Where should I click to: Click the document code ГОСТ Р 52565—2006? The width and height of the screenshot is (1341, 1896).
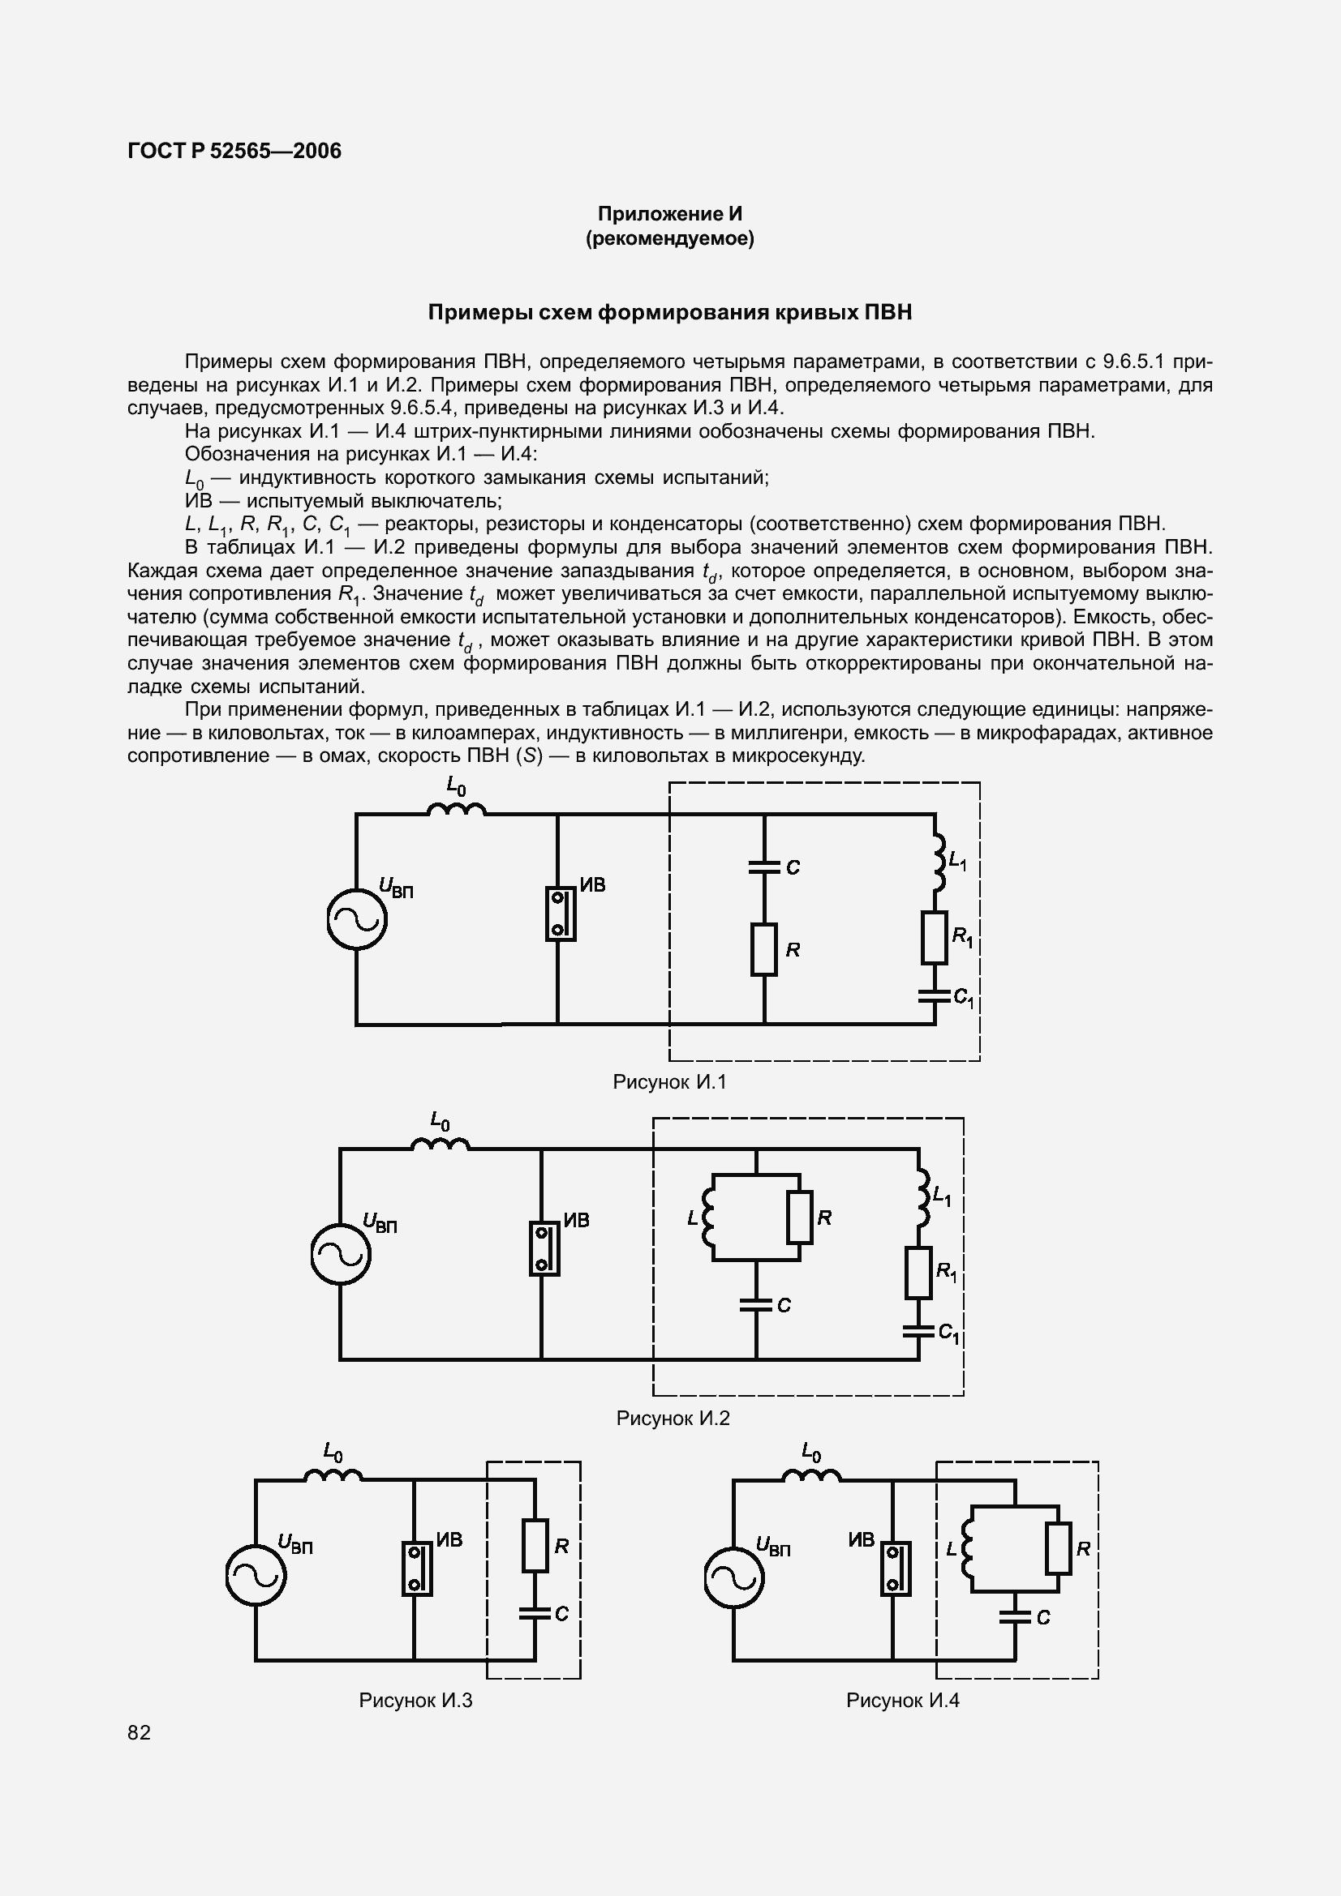(x=234, y=151)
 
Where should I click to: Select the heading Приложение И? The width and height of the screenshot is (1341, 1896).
(x=669, y=214)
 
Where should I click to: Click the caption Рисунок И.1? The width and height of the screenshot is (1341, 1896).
(x=669, y=1083)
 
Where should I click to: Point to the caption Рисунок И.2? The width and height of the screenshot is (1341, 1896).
(x=673, y=1418)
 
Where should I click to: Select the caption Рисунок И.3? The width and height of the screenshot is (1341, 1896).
(x=415, y=1701)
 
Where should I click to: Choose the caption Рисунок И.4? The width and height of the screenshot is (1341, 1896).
(x=902, y=1701)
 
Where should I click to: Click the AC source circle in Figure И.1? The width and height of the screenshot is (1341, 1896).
(x=357, y=919)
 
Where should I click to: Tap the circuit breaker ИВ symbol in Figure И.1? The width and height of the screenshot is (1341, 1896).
(x=560, y=914)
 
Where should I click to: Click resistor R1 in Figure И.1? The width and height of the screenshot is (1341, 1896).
(x=934, y=937)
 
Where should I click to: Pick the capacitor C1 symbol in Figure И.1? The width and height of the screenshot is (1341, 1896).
(x=935, y=997)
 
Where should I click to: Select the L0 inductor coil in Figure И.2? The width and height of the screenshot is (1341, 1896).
(x=441, y=1144)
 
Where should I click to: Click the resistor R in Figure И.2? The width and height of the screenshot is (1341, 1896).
(x=799, y=1218)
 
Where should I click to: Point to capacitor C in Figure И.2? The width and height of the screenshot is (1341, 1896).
(x=755, y=1305)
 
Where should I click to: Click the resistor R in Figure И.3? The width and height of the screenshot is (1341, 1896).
(x=535, y=1546)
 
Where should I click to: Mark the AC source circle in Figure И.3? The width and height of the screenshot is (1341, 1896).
(x=256, y=1576)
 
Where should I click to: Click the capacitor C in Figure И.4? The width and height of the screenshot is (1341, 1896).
(x=1015, y=1616)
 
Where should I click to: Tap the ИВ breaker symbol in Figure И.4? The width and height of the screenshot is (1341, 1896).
(x=894, y=1569)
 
